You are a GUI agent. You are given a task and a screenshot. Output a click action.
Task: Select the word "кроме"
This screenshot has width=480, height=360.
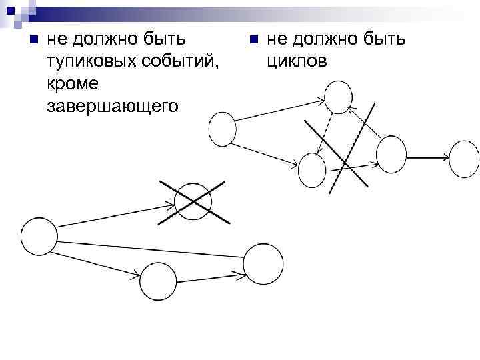pos(73,84)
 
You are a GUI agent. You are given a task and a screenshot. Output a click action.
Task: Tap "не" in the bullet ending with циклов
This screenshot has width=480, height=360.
pos(275,41)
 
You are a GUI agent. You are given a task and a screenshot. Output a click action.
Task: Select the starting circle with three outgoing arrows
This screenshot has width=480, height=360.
pos(39,235)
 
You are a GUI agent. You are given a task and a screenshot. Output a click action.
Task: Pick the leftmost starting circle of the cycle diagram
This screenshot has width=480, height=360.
pos(222,129)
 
